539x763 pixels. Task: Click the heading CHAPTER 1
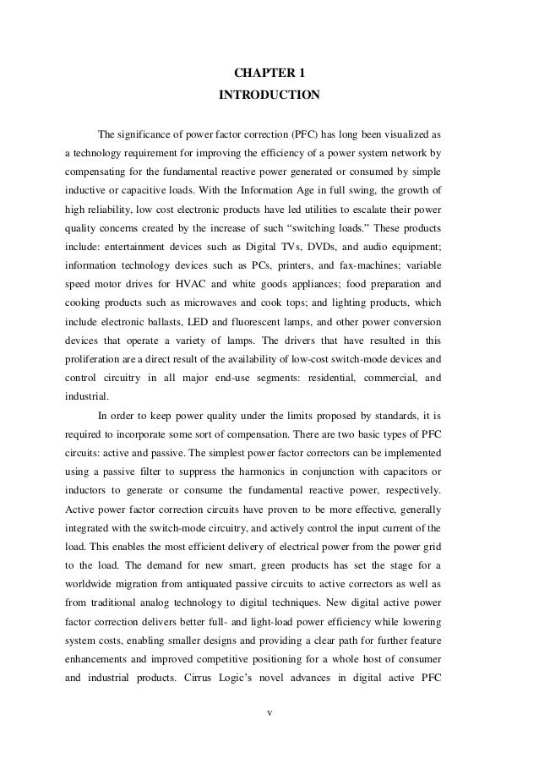(269, 74)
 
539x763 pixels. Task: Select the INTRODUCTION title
(269, 95)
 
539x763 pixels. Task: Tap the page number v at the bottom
(269, 712)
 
